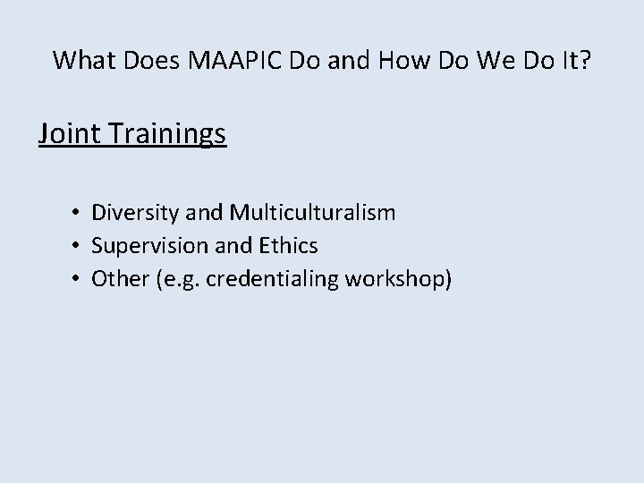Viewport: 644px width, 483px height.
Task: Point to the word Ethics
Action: pyautogui.click(x=288, y=245)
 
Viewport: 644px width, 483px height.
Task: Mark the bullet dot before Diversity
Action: pyautogui.click(x=80, y=214)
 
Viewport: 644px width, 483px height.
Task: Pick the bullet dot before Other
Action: pyautogui.click(x=80, y=279)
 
